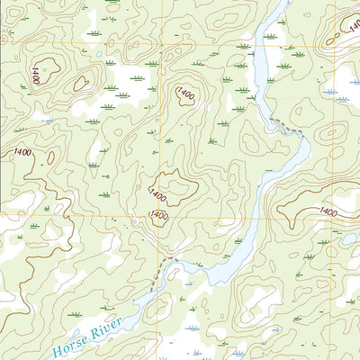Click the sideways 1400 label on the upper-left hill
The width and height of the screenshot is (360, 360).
click(35, 76)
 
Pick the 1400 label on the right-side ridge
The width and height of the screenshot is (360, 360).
click(328, 211)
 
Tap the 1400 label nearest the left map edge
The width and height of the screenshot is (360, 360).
click(22, 152)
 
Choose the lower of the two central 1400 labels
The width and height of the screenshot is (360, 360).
click(159, 215)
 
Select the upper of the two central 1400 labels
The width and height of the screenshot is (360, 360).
click(158, 193)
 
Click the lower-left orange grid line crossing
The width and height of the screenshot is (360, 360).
click(162, 218)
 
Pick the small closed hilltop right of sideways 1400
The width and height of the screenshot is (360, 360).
click(81, 83)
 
